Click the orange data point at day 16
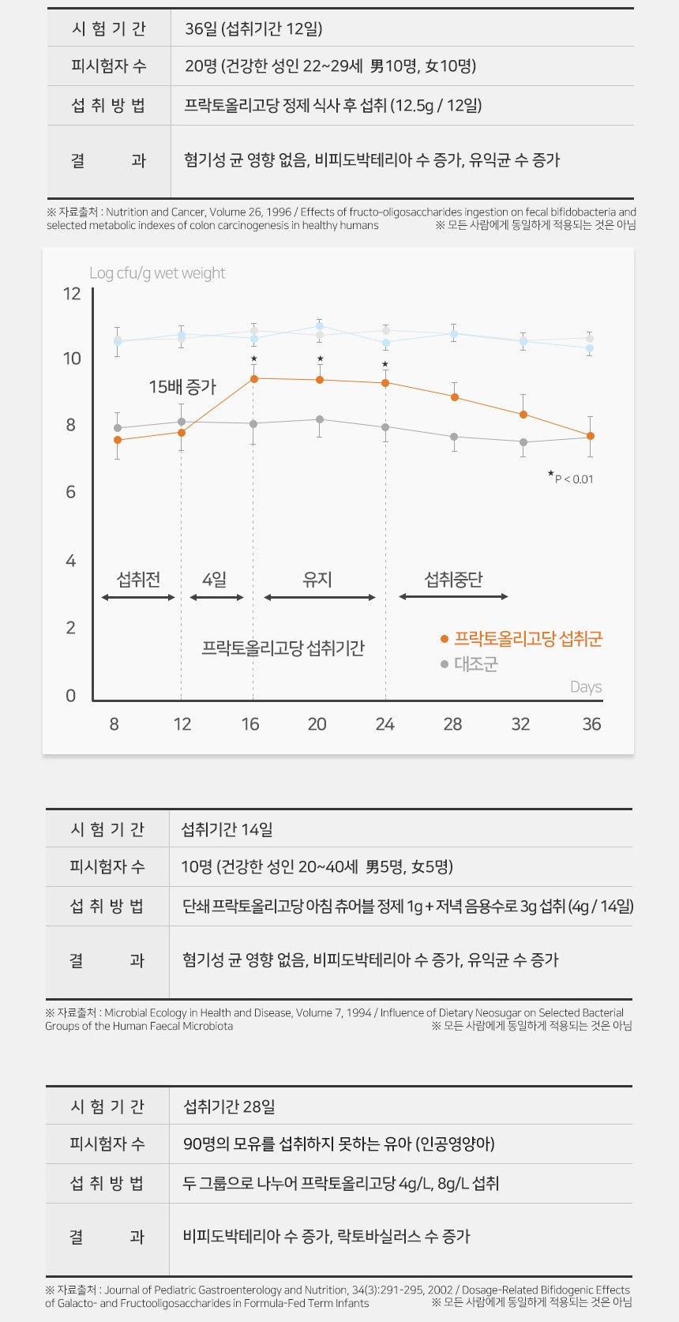click(x=253, y=379)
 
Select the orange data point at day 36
click(x=591, y=436)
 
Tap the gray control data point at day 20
click(x=320, y=419)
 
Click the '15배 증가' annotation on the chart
click(x=182, y=387)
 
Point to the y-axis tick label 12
click(x=72, y=295)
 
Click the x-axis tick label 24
click(x=385, y=724)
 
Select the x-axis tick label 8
click(x=114, y=724)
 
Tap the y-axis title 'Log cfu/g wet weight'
click(x=157, y=273)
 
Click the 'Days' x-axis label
click(x=586, y=687)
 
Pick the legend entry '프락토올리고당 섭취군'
click(x=527, y=639)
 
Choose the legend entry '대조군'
click(x=475, y=664)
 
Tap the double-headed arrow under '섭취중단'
click(x=453, y=597)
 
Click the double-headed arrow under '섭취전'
click(x=138, y=598)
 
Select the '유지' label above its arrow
click(x=317, y=580)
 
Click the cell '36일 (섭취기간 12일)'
click(x=253, y=29)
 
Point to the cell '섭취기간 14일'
click(x=227, y=829)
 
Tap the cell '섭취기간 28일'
click(x=229, y=1106)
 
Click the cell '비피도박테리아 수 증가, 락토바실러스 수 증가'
click(x=326, y=1237)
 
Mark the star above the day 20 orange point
click(x=320, y=359)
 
